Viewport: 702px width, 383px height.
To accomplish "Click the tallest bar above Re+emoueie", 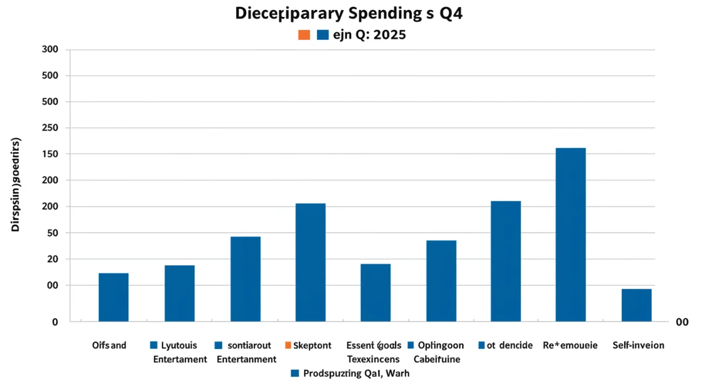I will (570, 234).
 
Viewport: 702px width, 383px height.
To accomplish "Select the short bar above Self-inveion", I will (636, 305).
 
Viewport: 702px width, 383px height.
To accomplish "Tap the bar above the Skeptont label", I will (311, 262).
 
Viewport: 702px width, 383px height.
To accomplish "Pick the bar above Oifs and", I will (113, 297).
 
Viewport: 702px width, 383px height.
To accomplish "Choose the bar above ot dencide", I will (505, 261).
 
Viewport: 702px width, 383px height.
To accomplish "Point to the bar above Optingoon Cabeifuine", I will (441, 281).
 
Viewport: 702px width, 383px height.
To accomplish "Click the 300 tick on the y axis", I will (50, 50).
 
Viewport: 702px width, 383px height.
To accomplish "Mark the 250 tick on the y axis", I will (50, 128).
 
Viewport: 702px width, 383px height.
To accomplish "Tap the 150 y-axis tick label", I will (50, 154).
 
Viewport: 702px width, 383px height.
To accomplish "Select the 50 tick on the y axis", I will (53, 233).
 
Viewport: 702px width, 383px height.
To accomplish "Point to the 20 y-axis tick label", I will (53, 259).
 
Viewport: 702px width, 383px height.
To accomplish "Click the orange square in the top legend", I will (304, 35).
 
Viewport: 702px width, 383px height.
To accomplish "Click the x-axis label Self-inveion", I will (638, 346).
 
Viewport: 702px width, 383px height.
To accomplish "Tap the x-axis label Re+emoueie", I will (570, 346).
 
